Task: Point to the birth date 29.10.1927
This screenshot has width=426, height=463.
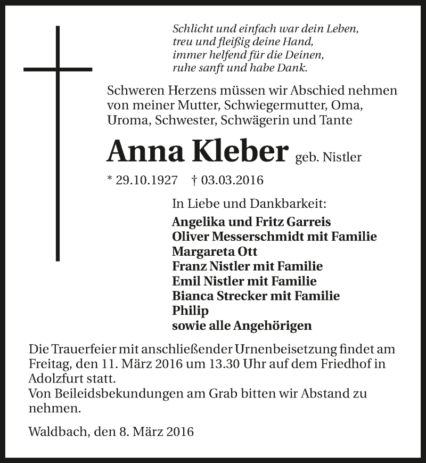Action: tap(146, 180)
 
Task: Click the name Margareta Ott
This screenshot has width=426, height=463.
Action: tap(210, 251)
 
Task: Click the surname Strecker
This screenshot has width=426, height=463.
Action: tap(243, 295)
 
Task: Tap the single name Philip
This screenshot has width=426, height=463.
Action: tap(190, 310)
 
